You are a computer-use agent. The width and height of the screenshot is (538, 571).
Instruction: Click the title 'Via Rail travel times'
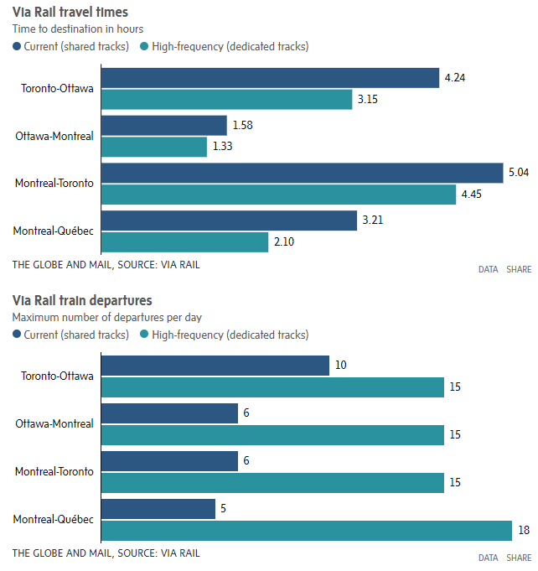pos(70,12)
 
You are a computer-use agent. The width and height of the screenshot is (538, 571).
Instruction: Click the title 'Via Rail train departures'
pos(82,300)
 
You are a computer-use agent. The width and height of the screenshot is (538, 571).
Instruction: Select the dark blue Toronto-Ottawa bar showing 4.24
pos(269,78)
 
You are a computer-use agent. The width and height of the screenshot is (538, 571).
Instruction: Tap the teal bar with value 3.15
pos(226,100)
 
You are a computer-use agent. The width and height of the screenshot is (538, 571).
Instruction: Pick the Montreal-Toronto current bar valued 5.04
pos(301,173)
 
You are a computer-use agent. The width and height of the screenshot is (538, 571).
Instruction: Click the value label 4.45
pos(470,195)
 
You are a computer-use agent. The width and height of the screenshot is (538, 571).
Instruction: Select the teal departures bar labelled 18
pos(306,531)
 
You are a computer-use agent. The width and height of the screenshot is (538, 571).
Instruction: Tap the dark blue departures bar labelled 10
pos(215,366)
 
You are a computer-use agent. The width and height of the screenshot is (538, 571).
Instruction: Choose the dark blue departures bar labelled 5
pos(158,509)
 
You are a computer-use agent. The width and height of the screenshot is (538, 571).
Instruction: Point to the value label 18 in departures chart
pos(524,531)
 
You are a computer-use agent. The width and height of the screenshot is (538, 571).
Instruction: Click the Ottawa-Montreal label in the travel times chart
pos(54,136)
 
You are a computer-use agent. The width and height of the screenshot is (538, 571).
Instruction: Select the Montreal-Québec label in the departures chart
pos(54,520)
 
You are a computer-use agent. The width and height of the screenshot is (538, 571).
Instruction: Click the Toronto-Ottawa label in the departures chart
pos(57,376)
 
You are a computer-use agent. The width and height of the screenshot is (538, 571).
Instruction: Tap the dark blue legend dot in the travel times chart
pos(18,46)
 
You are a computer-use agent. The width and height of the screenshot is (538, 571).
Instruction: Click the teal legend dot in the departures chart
pos(145,335)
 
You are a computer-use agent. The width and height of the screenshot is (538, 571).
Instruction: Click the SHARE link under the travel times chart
pos(519,269)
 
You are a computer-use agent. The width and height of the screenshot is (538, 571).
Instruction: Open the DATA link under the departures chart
pos(488,558)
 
